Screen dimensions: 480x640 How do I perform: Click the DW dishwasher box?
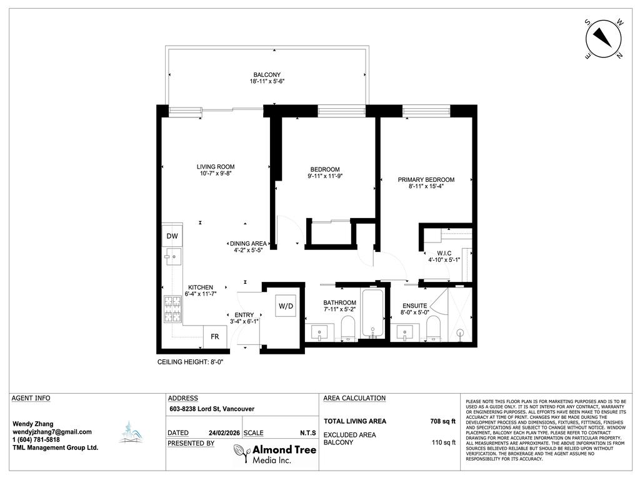point(171,237)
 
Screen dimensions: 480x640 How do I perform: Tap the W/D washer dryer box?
point(286,306)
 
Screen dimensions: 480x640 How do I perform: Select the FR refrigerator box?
point(214,336)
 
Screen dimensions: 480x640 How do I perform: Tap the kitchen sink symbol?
point(172,256)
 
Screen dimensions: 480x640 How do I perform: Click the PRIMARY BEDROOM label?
point(426,180)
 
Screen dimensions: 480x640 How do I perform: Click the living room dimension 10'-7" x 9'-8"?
point(216,174)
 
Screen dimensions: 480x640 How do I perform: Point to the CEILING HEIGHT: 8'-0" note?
point(190,362)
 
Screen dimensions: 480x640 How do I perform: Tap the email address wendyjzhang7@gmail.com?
point(52,432)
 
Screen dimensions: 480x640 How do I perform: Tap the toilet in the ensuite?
point(432,327)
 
